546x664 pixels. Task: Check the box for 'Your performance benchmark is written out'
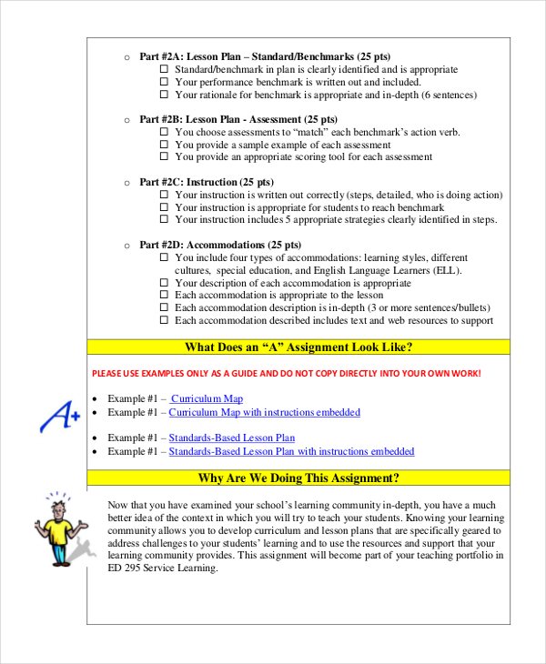click(165, 82)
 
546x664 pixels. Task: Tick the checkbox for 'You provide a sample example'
click(165, 145)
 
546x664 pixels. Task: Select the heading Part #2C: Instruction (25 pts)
click(206, 182)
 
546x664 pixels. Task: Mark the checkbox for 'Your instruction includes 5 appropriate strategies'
click(165, 219)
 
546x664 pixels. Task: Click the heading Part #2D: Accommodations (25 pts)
click(219, 245)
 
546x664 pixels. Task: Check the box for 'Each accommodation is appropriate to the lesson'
click(165, 296)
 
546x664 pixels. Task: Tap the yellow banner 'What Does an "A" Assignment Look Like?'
click(298, 347)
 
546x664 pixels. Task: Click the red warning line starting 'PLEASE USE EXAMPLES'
click(287, 374)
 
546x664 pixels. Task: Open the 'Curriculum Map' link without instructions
click(207, 398)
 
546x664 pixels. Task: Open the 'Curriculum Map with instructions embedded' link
click(264, 412)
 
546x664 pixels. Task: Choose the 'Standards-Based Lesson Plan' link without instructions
click(232, 438)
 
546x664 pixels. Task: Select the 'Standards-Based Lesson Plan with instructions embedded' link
click(291, 451)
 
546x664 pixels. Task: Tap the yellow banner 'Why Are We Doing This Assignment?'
click(298, 478)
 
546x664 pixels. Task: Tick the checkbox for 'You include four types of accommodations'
click(165, 257)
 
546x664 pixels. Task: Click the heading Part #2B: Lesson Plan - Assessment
click(238, 119)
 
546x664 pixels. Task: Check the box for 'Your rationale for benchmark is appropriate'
click(165, 95)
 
